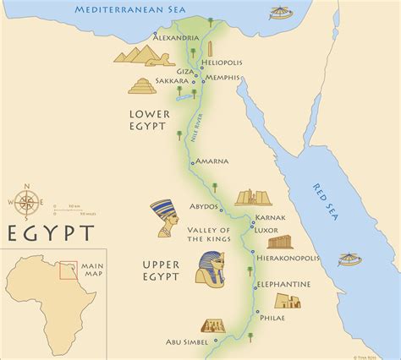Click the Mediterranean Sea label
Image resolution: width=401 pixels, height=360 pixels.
point(118,9)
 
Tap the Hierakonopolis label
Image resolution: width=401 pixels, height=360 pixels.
point(299,251)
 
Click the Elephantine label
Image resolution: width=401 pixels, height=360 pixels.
point(294,284)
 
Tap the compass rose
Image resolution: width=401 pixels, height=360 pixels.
point(27,202)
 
